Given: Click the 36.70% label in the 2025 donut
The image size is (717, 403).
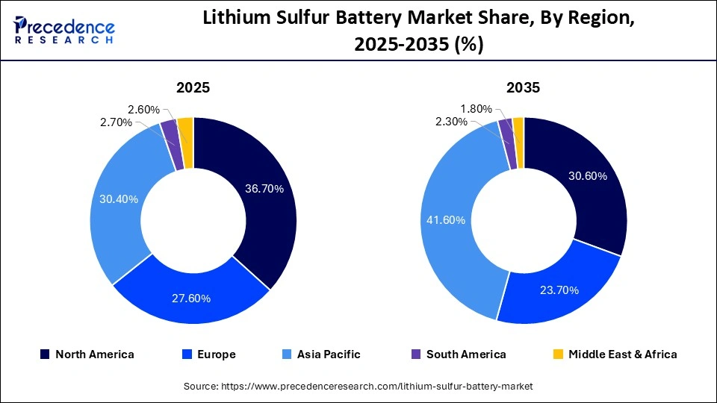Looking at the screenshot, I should click(264, 189).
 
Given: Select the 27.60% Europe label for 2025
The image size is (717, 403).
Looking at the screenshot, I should click(192, 299).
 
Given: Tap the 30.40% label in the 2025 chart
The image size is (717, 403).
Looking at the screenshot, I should click(118, 199).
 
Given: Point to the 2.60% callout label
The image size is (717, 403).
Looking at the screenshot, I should click(143, 110).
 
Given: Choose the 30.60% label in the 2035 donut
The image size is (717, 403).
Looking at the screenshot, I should click(588, 176).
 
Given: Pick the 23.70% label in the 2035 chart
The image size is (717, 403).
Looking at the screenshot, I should click(559, 290).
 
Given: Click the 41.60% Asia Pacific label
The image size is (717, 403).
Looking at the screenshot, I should click(447, 220).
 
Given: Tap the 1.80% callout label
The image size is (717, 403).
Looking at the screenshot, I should click(475, 109).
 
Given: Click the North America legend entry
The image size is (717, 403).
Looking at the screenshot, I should click(87, 354).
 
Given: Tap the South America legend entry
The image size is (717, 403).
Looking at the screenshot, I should click(458, 354).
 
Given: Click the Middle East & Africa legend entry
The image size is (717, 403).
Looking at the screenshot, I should click(615, 354).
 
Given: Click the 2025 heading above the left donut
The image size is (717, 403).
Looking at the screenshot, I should click(193, 88).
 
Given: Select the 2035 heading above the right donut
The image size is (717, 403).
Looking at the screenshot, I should click(524, 88).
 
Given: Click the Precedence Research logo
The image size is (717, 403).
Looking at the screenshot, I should click(64, 31).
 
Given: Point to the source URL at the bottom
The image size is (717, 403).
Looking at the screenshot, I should click(358, 387).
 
